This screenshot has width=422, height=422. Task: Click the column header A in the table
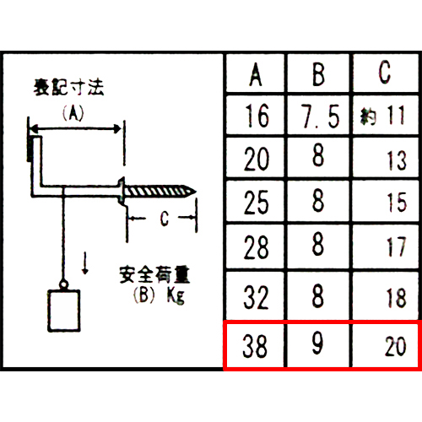(256, 74)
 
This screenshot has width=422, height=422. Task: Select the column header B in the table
(318, 74)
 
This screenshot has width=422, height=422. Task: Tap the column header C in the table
(385, 72)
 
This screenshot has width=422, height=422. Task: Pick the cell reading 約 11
(383, 116)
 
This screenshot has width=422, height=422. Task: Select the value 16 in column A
(257, 116)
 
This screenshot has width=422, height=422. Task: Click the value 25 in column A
(257, 203)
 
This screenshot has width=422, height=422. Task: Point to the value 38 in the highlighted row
(255, 346)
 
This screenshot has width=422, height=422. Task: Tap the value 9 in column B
(317, 343)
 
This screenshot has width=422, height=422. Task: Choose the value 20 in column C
(396, 346)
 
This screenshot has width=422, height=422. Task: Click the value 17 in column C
(397, 247)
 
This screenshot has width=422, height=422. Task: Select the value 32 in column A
(256, 297)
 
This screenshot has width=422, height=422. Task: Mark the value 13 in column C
(397, 160)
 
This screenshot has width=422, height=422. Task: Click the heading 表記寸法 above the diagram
(69, 87)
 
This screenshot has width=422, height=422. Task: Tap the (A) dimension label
(73, 113)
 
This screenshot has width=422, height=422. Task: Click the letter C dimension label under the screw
(165, 219)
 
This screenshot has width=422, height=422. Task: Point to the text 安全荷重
(154, 274)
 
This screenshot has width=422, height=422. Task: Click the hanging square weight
(64, 311)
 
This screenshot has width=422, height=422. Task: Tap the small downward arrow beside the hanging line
(85, 263)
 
